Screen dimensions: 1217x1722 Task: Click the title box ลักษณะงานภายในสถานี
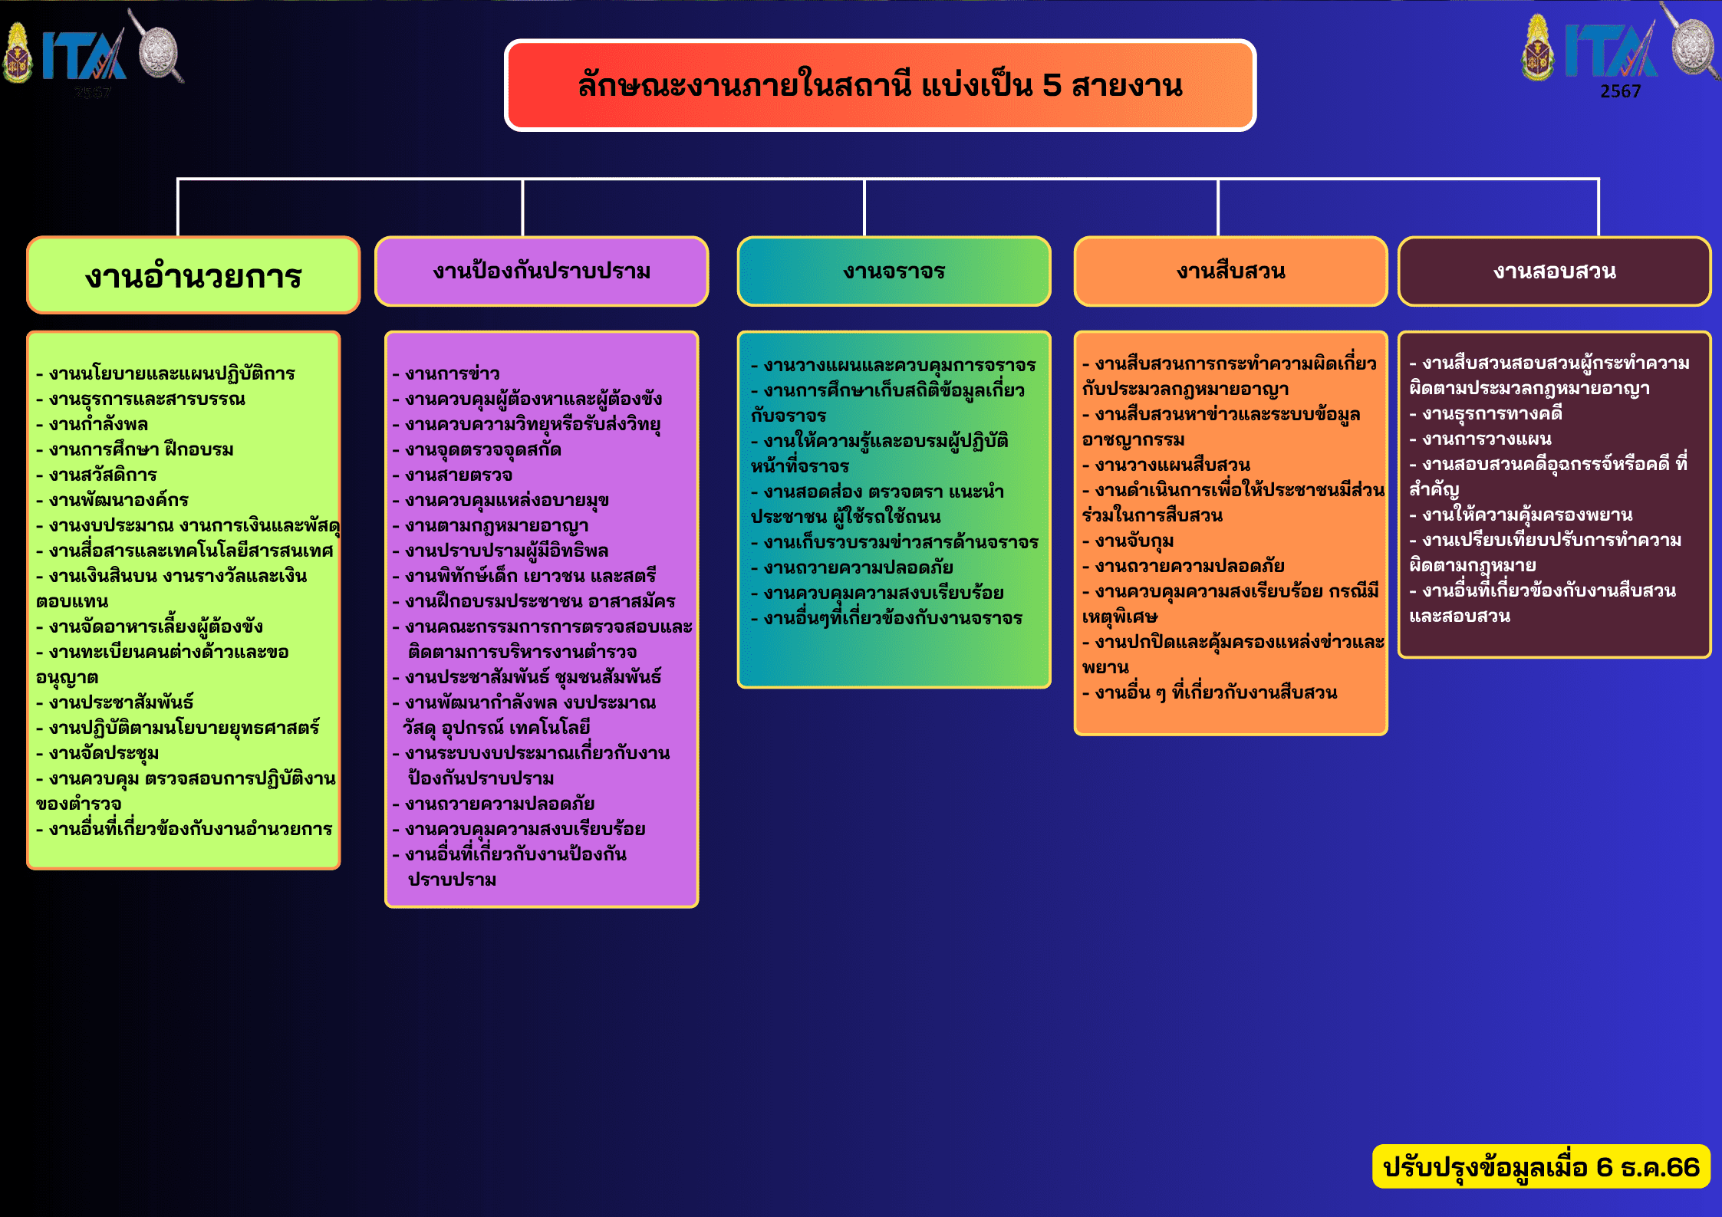[880, 85]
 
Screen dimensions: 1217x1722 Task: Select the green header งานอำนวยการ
[193, 275]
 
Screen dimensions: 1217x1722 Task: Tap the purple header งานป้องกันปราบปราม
[542, 271]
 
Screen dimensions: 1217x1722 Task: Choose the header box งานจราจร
[894, 271]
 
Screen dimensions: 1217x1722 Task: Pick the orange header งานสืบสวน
[1230, 271]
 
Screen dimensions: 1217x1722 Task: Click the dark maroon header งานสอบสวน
[1554, 271]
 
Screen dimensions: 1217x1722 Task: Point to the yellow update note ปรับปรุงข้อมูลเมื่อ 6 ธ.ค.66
[1541, 1166]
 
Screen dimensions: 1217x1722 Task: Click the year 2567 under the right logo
[1620, 91]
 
